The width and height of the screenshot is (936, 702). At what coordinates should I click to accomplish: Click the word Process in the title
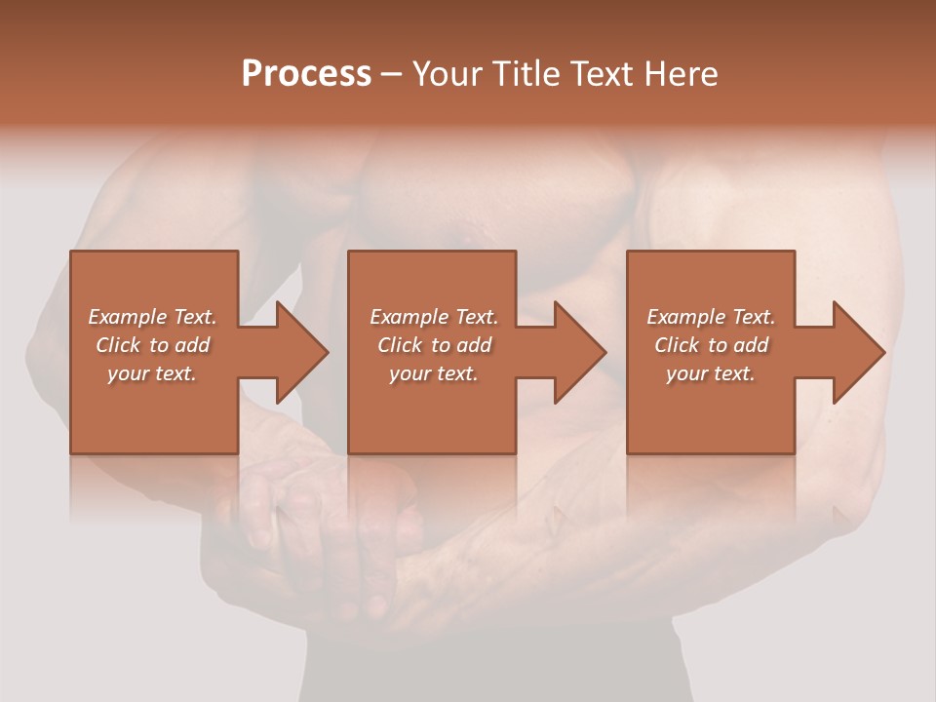click(306, 74)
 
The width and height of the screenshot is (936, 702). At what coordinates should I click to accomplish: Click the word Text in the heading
click(602, 74)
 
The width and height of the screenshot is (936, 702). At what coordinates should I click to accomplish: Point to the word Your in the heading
click(447, 74)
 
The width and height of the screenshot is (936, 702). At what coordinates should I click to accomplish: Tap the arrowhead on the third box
click(857, 352)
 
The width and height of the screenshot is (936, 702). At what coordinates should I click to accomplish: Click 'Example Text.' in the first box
click(152, 317)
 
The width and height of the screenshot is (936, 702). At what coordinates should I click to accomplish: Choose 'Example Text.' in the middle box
click(434, 317)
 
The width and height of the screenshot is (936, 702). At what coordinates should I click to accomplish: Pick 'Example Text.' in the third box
click(711, 317)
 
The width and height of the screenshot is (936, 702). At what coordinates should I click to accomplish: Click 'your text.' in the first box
click(152, 373)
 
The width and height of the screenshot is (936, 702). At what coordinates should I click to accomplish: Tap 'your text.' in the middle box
click(434, 373)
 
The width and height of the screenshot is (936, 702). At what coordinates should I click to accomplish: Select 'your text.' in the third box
click(711, 373)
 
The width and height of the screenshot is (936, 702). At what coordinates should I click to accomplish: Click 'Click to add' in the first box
click(152, 345)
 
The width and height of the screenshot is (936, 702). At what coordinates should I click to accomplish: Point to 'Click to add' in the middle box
click(434, 345)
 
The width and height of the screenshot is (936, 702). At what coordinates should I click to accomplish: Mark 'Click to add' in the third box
click(711, 345)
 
